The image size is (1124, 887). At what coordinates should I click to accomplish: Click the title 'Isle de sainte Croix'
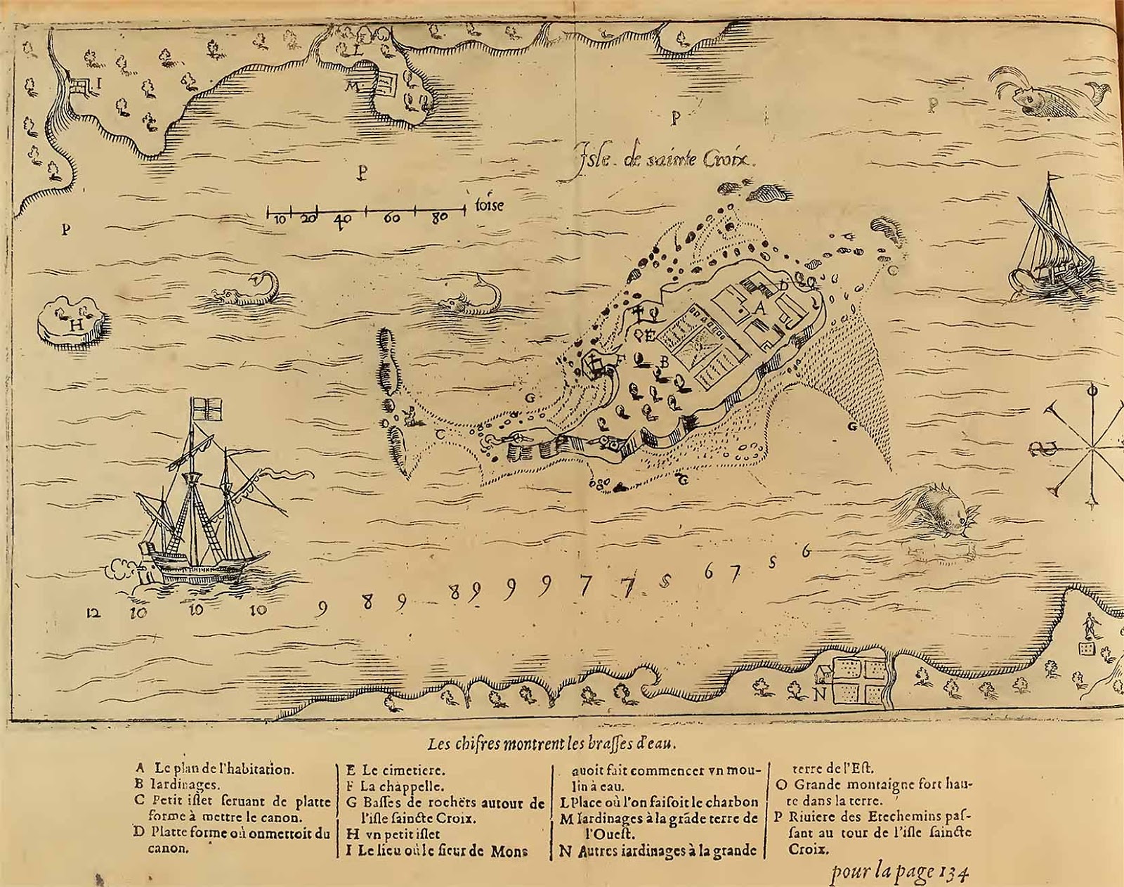pos(664,157)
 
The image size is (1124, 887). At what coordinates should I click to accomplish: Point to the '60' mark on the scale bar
pos(392,218)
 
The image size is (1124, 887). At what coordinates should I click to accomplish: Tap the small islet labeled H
pos(73,323)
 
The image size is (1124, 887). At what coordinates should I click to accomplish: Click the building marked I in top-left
pos(82,86)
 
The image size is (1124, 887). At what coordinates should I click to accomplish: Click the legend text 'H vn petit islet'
pos(393,834)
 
